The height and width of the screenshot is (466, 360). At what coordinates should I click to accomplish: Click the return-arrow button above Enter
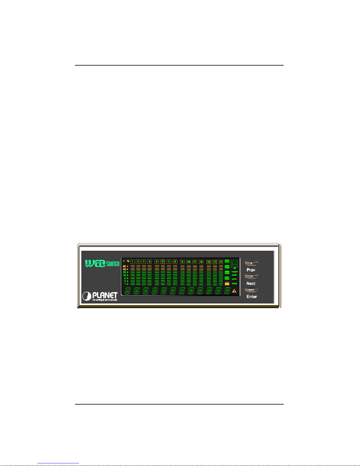click(x=252, y=290)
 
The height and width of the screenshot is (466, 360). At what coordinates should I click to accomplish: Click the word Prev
click(x=251, y=270)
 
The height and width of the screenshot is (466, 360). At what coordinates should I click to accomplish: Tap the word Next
click(x=251, y=283)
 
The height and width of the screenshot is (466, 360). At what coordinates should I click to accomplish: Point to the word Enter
click(x=252, y=297)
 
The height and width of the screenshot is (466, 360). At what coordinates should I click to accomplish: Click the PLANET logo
click(x=100, y=296)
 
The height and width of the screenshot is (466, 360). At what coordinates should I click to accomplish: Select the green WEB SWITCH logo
click(x=102, y=263)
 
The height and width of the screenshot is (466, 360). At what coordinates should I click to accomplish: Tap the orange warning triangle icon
click(x=234, y=291)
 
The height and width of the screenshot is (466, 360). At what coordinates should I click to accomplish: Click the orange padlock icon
click(x=227, y=283)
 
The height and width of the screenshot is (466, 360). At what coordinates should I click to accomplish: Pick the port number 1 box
click(x=132, y=262)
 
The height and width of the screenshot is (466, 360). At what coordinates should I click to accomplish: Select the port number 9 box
click(x=182, y=262)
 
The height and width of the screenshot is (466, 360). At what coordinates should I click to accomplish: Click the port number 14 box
click(x=215, y=262)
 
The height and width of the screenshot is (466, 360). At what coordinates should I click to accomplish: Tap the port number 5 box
click(x=157, y=262)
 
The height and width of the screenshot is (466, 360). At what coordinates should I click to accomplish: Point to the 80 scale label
click(x=125, y=266)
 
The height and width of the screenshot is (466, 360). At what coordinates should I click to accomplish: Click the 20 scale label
click(x=125, y=272)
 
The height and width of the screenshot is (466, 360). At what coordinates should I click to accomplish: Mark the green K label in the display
click(x=124, y=261)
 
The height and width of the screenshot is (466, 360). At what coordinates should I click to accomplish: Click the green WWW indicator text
click(x=234, y=279)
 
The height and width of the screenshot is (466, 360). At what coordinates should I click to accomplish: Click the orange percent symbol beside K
click(x=128, y=261)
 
